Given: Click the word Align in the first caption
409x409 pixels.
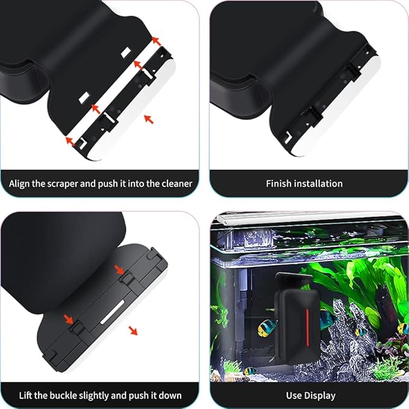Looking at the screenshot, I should [x=21, y=183].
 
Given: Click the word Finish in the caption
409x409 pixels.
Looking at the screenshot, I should [x=279, y=183].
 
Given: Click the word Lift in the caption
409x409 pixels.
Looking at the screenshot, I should [x=26, y=396].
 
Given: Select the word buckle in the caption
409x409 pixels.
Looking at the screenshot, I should [x=69, y=396].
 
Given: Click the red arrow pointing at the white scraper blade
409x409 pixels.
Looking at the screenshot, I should [x=149, y=120].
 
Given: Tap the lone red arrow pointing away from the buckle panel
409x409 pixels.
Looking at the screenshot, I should [x=133, y=331].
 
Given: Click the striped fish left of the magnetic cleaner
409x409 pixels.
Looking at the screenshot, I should [x=266, y=328].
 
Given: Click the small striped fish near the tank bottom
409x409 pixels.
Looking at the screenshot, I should [x=250, y=371].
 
